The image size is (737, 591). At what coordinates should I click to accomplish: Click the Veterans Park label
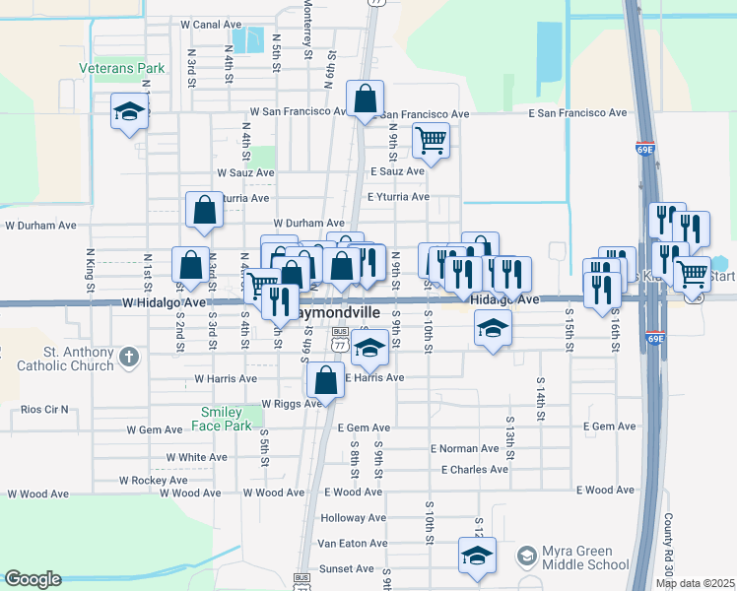pyautogui.click(x=122, y=69)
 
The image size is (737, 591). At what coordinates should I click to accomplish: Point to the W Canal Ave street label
pyautogui.click(x=211, y=24)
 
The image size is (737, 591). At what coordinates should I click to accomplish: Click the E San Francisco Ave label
pyautogui.click(x=577, y=113)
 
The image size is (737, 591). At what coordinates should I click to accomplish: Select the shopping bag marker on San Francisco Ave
pyautogui.click(x=365, y=98)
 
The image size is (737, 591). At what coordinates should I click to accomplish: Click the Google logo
pyautogui.click(x=33, y=579)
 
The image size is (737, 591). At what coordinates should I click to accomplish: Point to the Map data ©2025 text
pyautogui.click(x=696, y=583)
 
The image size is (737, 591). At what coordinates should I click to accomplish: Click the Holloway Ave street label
pyautogui.click(x=353, y=518)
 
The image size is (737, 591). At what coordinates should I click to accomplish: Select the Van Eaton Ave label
pyautogui.click(x=352, y=544)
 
